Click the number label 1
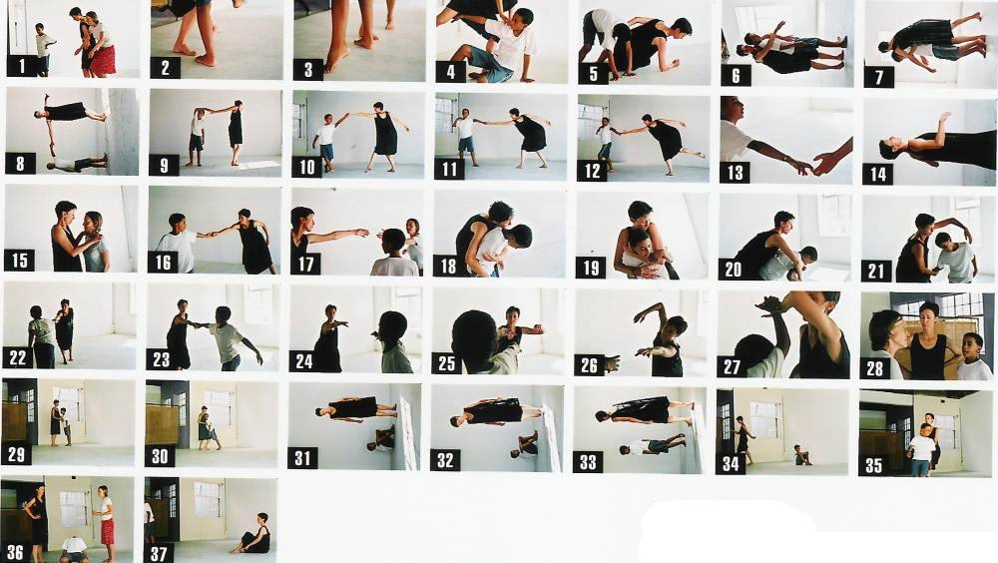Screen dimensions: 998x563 pos(23,66)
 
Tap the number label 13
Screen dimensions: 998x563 pos(736,172)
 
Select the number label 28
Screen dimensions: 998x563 pos(875,368)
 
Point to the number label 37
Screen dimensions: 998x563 pos(159,553)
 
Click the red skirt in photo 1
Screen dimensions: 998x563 pos(103,59)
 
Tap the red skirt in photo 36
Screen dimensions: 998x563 pos(107,530)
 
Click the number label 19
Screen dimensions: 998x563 pos(591,268)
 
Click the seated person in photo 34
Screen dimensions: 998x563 pos(801,455)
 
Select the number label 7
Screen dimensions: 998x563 pos(879,77)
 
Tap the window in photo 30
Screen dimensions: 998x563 pos(220,409)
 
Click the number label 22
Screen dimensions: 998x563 pos(18,357)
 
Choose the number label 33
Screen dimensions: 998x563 pos(588,461)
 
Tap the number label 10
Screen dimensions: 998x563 pos(307,167)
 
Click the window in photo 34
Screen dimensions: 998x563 pos(763,419)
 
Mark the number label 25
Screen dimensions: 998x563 pos(446,363)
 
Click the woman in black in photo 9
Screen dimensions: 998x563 pos(235,131)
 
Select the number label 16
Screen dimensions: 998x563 pos(163,262)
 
